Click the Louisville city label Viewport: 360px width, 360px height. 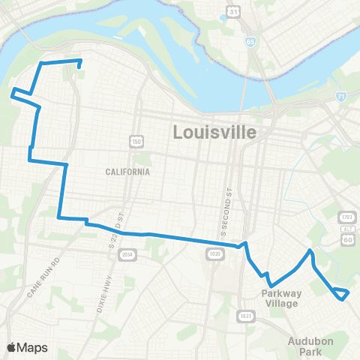click(214, 133)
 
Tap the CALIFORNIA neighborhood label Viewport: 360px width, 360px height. click(127, 172)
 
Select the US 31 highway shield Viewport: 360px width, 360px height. click(234, 11)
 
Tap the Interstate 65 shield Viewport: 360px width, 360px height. click(250, 40)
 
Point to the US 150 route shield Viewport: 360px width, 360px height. click(136, 142)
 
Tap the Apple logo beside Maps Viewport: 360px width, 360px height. click(13, 347)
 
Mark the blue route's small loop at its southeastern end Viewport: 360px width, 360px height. click(341, 293)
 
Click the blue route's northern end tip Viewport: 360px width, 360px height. click(79, 72)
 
